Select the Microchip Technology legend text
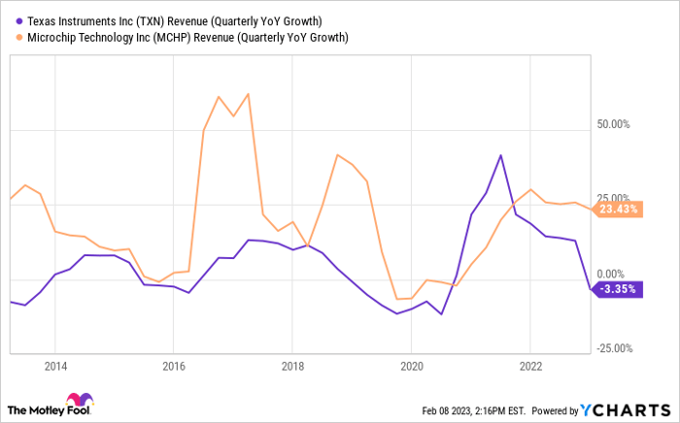pyautogui.click(x=184, y=37)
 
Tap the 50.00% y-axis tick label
pyautogui.click(x=614, y=124)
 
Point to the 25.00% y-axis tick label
pyautogui.click(x=614, y=199)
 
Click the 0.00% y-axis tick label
pyautogui.click(x=617, y=275)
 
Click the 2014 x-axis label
pyautogui.click(x=54, y=369)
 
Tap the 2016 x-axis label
pyautogui.click(x=172, y=369)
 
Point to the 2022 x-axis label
pyautogui.click(x=529, y=369)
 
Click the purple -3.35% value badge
pyautogui.click(x=616, y=289)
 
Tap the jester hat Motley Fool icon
pyautogui.click(x=75, y=401)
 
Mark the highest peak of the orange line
pyautogui.click(x=249, y=94)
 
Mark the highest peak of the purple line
pyautogui.click(x=500, y=155)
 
